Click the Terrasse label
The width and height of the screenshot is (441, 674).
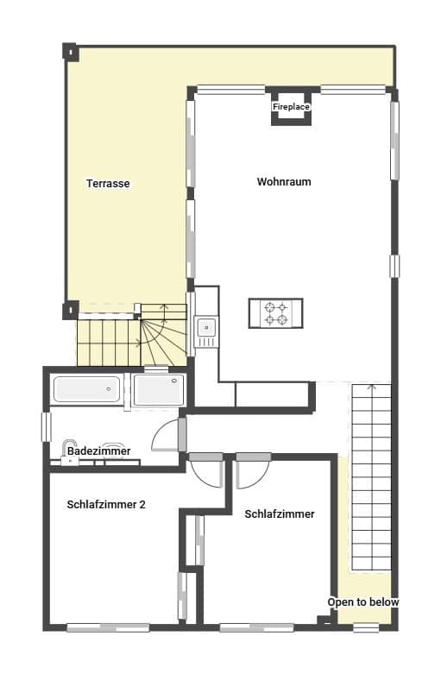[108, 183]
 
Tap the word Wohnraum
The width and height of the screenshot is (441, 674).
[283, 182]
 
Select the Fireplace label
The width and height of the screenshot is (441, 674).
[291, 107]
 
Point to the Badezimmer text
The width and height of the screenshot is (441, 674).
[98, 451]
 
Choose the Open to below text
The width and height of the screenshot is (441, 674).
[362, 602]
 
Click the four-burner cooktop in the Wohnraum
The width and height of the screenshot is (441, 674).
[275, 312]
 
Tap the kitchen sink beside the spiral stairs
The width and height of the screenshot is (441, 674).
[206, 327]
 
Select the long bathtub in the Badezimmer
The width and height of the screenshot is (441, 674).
[85, 389]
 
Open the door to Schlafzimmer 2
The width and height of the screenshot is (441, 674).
[208, 471]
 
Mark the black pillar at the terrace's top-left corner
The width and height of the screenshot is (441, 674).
[69, 50]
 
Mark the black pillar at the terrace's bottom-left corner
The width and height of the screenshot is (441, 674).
[70, 309]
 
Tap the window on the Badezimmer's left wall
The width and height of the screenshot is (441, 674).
[47, 426]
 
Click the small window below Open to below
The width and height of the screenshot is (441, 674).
[366, 627]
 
